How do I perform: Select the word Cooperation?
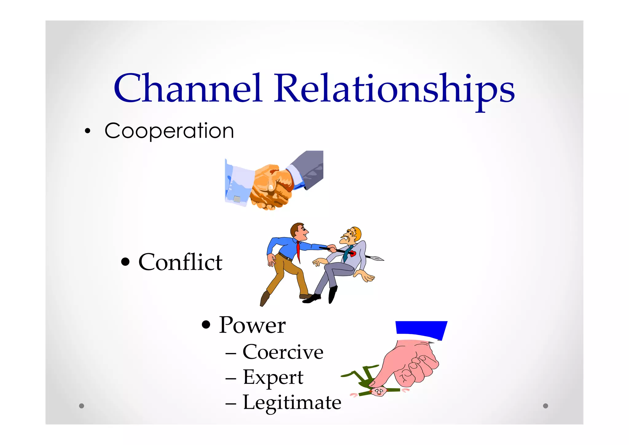click(x=169, y=131)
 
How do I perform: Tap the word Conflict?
click(x=180, y=262)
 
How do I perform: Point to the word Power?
click(x=252, y=325)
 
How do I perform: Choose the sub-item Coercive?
click(x=283, y=352)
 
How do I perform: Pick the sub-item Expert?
click(x=273, y=377)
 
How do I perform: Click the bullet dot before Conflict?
click(x=125, y=262)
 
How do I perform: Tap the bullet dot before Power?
click(x=206, y=325)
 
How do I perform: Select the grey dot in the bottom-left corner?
click(x=81, y=406)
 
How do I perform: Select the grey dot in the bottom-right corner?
click(x=545, y=406)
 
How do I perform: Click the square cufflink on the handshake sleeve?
click(x=237, y=199)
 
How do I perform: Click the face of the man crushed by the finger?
click(x=378, y=391)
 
